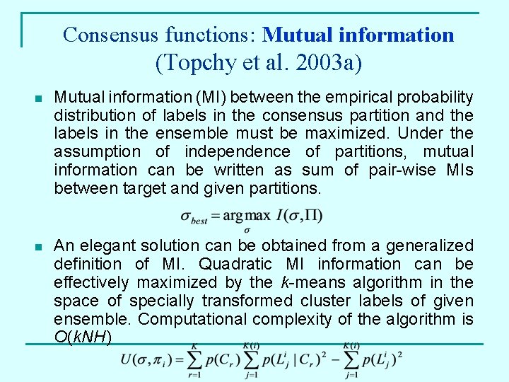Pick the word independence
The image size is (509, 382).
pos(237,151)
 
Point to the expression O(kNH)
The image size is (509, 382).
pos(82,337)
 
